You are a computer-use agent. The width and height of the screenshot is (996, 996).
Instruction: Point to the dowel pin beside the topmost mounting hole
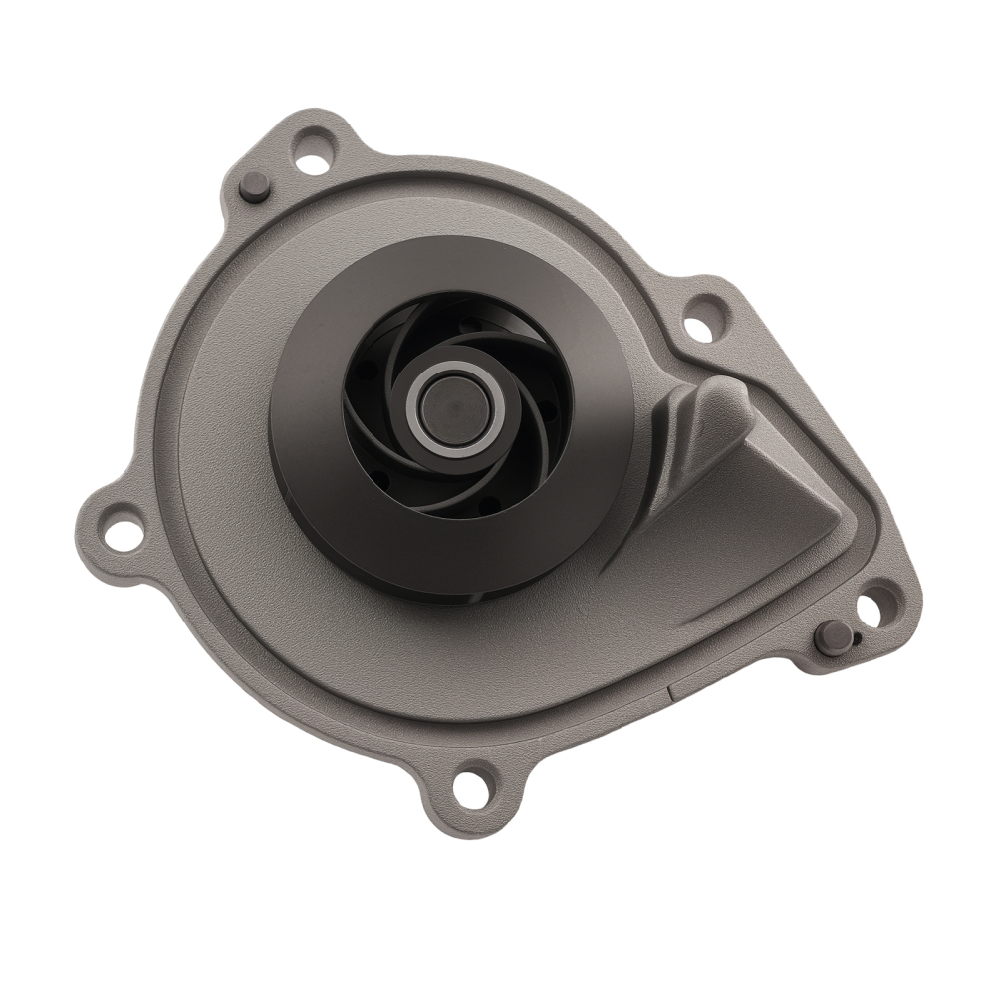click(254, 185)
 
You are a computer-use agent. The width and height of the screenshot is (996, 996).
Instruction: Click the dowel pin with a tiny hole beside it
click(829, 636)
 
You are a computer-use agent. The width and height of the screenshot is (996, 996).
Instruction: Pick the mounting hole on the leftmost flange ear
click(120, 529)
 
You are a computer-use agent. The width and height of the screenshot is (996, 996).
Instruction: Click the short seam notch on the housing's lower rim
click(668, 685)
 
